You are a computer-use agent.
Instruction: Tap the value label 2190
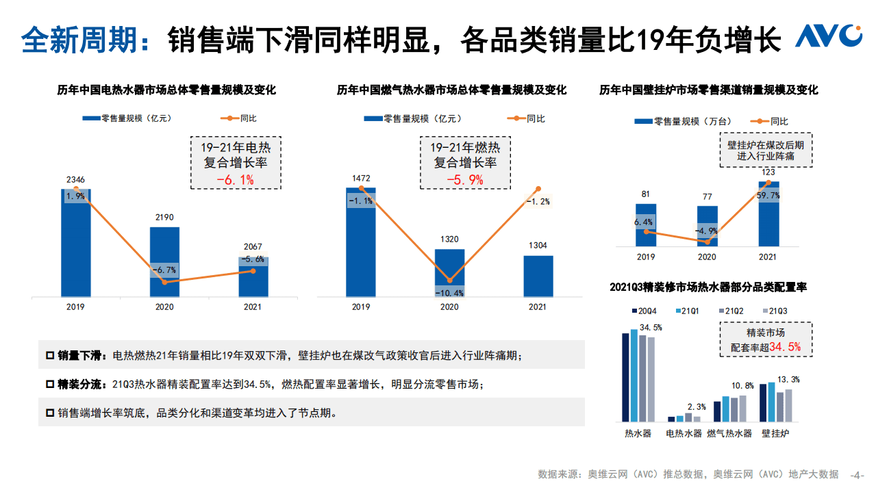coord(164,217)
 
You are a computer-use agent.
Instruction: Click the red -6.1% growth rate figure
coord(235,180)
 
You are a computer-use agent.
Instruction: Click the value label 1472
coord(361,178)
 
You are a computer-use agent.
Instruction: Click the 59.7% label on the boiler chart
coord(768,195)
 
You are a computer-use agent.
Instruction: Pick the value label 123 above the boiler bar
coord(768,172)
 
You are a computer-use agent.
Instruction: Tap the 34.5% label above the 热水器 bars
coord(651,328)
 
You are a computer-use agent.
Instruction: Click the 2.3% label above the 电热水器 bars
coord(697,407)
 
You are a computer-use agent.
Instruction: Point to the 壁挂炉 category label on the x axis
coord(775,433)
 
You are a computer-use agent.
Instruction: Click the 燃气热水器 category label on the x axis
coord(729,433)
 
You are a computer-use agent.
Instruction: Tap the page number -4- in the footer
coord(857,474)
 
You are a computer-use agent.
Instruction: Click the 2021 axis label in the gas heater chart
coord(538,307)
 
